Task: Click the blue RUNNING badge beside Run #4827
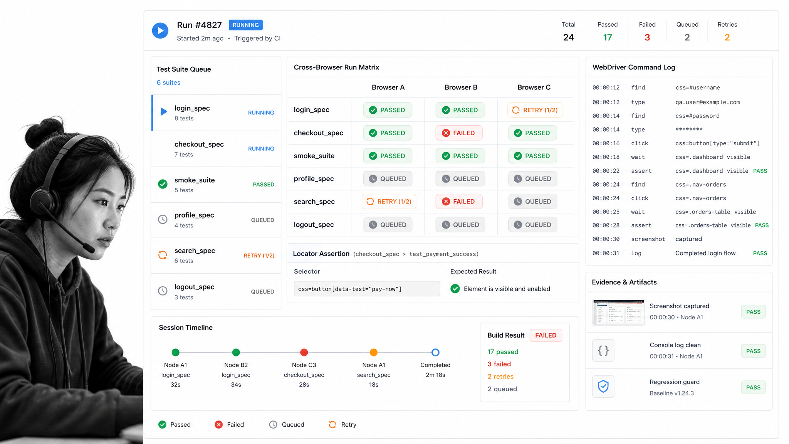pyautogui.click(x=246, y=25)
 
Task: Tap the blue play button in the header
pyautogui.click(x=160, y=30)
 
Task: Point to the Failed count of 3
pyautogui.click(x=647, y=37)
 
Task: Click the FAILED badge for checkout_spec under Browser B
pyautogui.click(x=459, y=133)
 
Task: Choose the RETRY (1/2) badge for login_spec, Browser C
pyautogui.click(x=535, y=110)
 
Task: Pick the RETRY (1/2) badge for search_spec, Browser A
pyautogui.click(x=389, y=202)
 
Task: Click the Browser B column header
pyautogui.click(x=461, y=87)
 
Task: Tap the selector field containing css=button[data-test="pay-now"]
pyautogui.click(x=367, y=289)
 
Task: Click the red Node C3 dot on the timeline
pyautogui.click(x=304, y=352)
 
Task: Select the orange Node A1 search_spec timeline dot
pyautogui.click(x=374, y=352)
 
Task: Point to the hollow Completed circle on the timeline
pyautogui.click(x=435, y=352)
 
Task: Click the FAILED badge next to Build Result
pyautogui.click(x=546, y=335)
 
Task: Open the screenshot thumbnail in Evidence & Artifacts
pyautogui.click(x=618, y=312)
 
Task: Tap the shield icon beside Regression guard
pyautogui.click(x=603, y=386)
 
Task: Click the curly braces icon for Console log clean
pyautogui.click(x=603, y=350)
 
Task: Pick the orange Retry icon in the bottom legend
pyautogui.click(x=332, y=425)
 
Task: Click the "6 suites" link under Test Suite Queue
pyautogui.click(x=168, y=82)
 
